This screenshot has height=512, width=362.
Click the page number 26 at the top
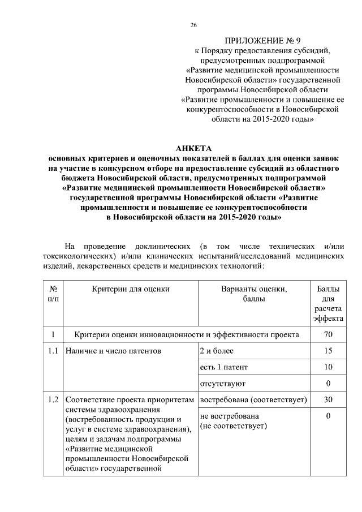[193, 25]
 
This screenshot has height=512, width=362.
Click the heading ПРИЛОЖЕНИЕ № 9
[262, 41]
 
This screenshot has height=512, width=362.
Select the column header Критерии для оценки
[131, 289]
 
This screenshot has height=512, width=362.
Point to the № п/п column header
[53, 293]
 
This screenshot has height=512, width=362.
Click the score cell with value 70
[328, 334]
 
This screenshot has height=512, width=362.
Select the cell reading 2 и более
[217, 351]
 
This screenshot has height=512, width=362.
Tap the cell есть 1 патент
[224, 367]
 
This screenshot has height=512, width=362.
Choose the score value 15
[328, 351]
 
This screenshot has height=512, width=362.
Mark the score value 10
[328, 367]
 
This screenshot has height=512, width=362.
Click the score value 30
[328, 399]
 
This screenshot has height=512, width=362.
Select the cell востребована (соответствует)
[253, 399]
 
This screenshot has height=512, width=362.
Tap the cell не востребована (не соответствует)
[233, 420]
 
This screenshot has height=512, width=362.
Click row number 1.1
[53, 351]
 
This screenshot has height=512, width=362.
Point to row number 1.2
[53, 399]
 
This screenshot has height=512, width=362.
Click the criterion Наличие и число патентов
[113, 351]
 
